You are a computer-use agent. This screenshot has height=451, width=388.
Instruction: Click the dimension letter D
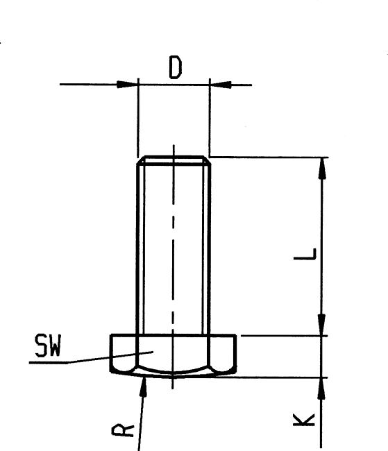176,67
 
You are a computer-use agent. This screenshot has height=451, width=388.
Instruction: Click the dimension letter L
305,254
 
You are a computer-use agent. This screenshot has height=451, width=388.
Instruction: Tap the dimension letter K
304,420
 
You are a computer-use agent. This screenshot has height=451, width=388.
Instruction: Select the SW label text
48,345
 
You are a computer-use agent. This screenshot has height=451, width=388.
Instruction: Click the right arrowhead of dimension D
221,85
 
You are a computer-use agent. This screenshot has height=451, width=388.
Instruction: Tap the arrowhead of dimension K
321,388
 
